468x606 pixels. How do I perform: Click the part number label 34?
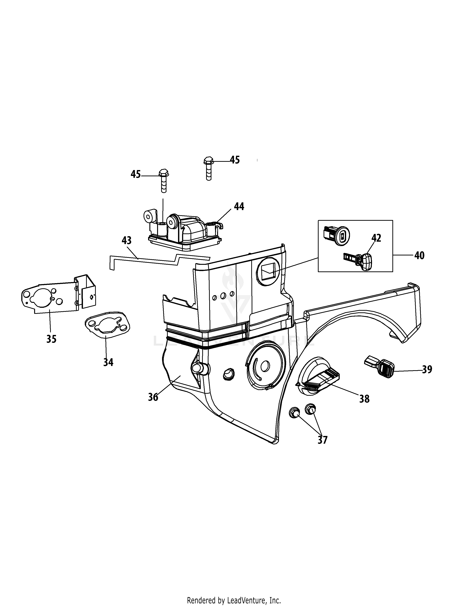point(108,362)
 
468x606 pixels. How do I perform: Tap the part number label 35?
point(51,339)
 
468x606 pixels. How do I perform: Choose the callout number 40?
point(419,255)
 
